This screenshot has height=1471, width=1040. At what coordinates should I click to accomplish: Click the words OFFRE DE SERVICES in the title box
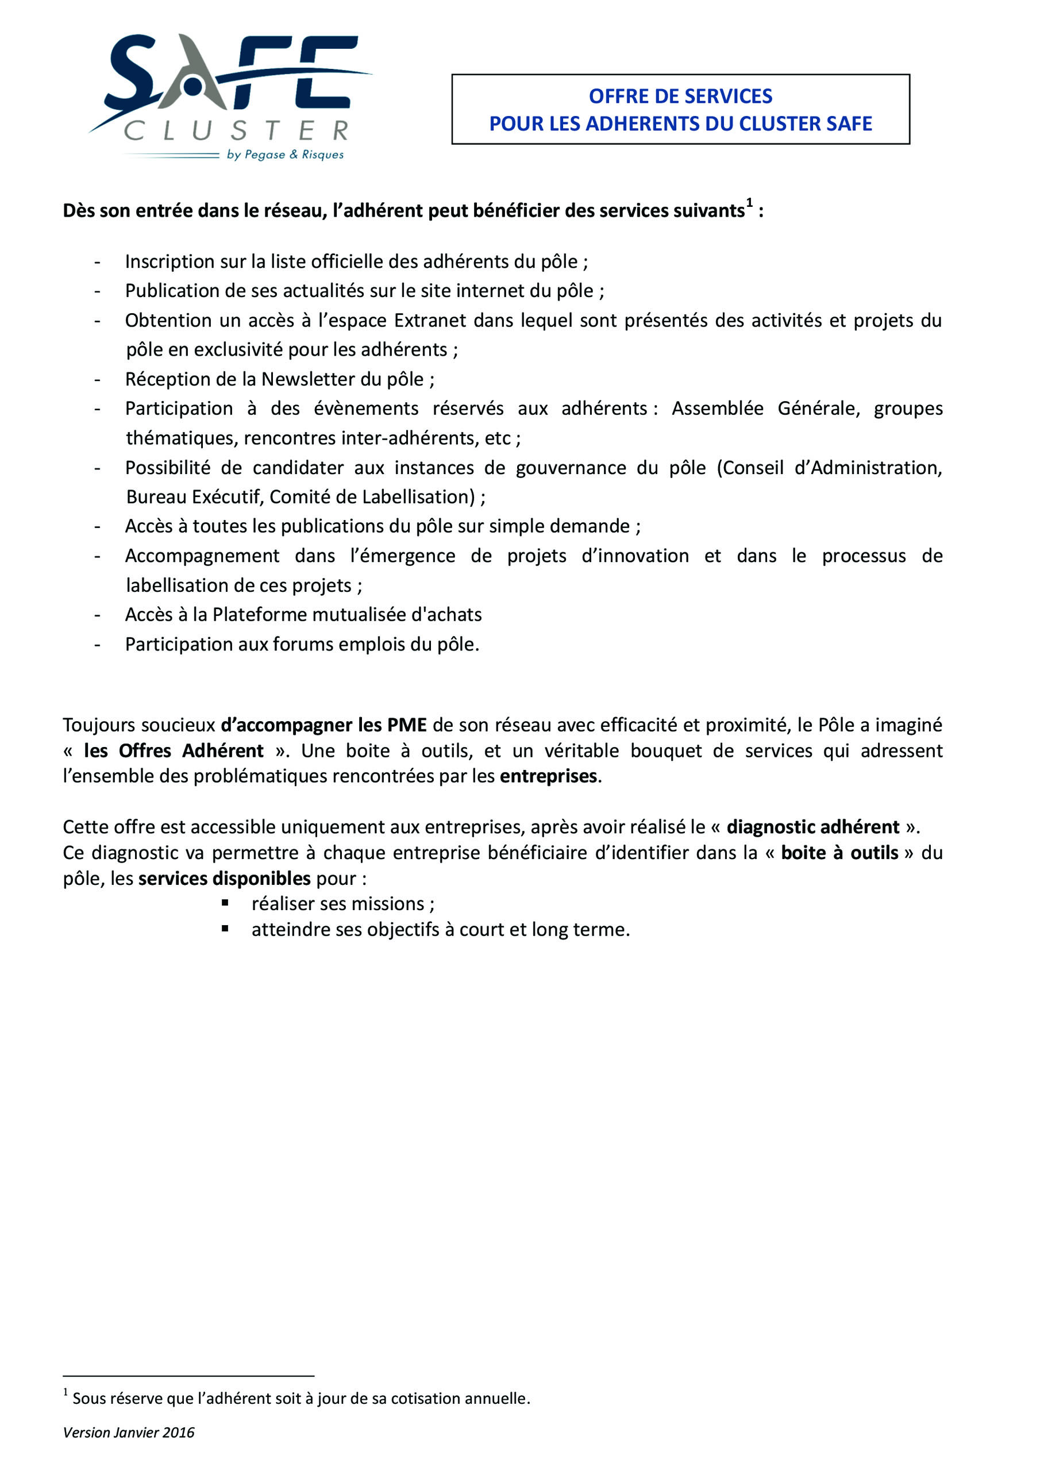click(680, 96)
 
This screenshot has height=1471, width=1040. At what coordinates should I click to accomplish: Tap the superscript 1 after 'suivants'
click(749, 204)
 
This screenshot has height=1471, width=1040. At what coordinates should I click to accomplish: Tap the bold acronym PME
click(406, 725)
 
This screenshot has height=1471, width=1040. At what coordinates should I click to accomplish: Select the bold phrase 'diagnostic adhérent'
click(812, 826)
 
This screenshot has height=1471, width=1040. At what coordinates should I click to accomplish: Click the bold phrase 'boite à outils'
click(839, 853)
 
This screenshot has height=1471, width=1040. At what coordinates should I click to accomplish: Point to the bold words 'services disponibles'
click(224, 879)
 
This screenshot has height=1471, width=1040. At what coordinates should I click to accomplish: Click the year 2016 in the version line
click(179, 1433)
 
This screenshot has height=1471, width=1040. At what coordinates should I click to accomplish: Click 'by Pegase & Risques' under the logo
click(284, 155)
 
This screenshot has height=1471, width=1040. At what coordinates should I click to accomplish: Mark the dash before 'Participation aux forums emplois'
click(98, 644)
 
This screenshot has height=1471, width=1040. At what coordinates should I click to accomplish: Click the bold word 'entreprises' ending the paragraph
click(549, 776)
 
